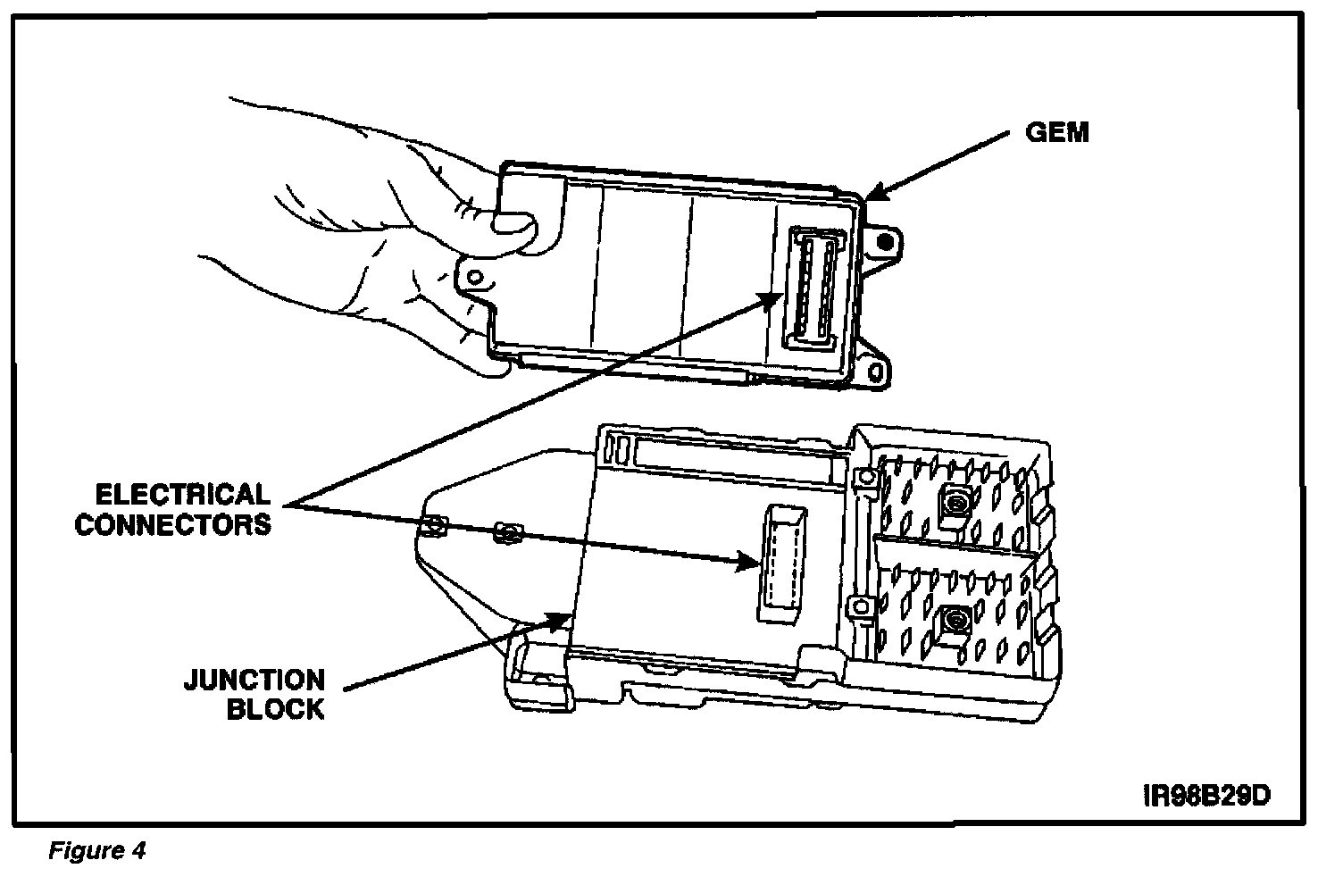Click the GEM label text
pos(1056,133)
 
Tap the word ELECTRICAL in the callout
pos(182,495)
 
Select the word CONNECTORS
pos(173,524)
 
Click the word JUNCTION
pos(254,680)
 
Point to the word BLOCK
pos(275,710)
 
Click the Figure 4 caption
pos(96,850)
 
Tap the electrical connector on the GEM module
pos(814,287)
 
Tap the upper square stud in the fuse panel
pos(955,504)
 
